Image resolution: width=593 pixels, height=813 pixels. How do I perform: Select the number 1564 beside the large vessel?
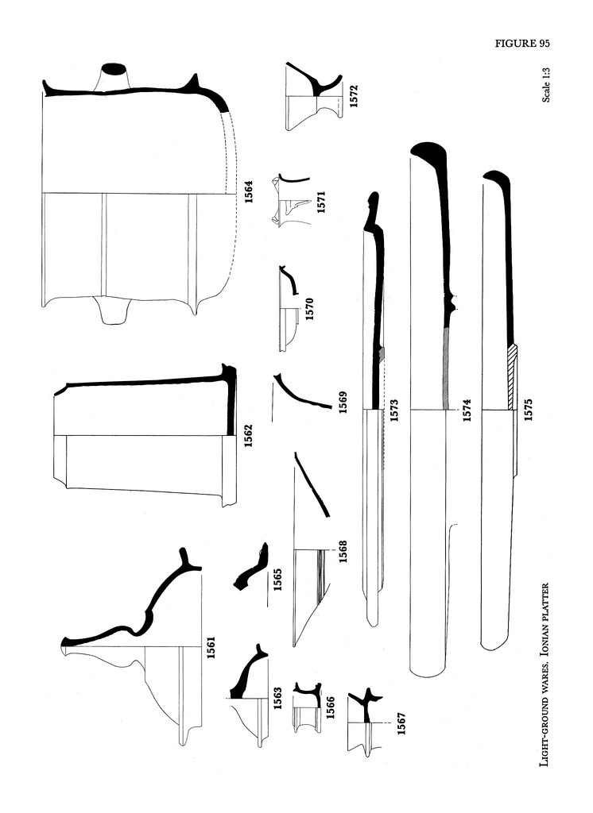(x=248, y=194)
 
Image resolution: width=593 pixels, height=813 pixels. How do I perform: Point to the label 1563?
(x=278, y=699)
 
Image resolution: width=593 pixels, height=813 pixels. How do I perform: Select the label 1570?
(x=311, y=307)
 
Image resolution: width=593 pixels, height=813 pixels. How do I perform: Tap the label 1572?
(x=353, y=97)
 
